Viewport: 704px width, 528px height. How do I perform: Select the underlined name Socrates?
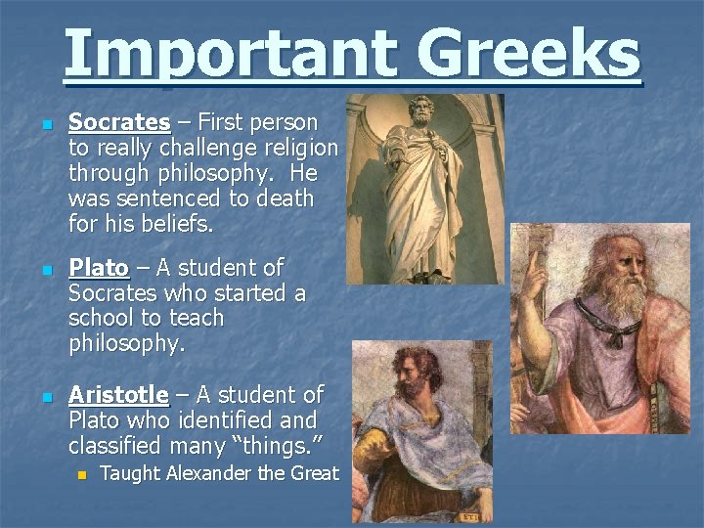119,123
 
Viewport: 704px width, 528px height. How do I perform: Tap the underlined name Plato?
99,268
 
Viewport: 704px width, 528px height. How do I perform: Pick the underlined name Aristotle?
118,395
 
